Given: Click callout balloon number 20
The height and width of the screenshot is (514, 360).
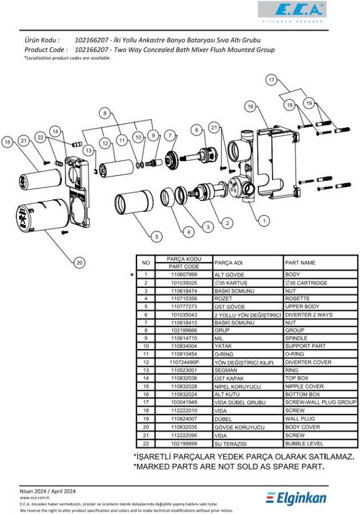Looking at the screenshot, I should point(79,262).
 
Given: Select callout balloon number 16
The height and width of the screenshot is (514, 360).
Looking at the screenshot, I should point(250,106).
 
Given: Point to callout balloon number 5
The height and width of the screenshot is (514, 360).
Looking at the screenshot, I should point(156,235).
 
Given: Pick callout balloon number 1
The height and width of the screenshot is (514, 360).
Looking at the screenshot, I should point(263,219).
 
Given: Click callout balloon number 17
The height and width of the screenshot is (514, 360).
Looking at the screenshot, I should point(271,80).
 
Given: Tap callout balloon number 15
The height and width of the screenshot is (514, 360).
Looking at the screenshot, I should point(7,142).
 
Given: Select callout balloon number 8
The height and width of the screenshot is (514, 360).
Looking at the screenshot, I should point(105,113).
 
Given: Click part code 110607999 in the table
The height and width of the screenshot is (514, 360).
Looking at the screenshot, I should point(184,275).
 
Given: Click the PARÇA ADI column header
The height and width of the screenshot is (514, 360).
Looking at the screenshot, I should point(228,263).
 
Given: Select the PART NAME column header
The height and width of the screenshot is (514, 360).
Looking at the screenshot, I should point(300,263).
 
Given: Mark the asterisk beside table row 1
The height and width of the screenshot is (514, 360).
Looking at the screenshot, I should point(133,275).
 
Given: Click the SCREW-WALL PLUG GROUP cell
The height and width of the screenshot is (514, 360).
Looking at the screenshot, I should point(320,403).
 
